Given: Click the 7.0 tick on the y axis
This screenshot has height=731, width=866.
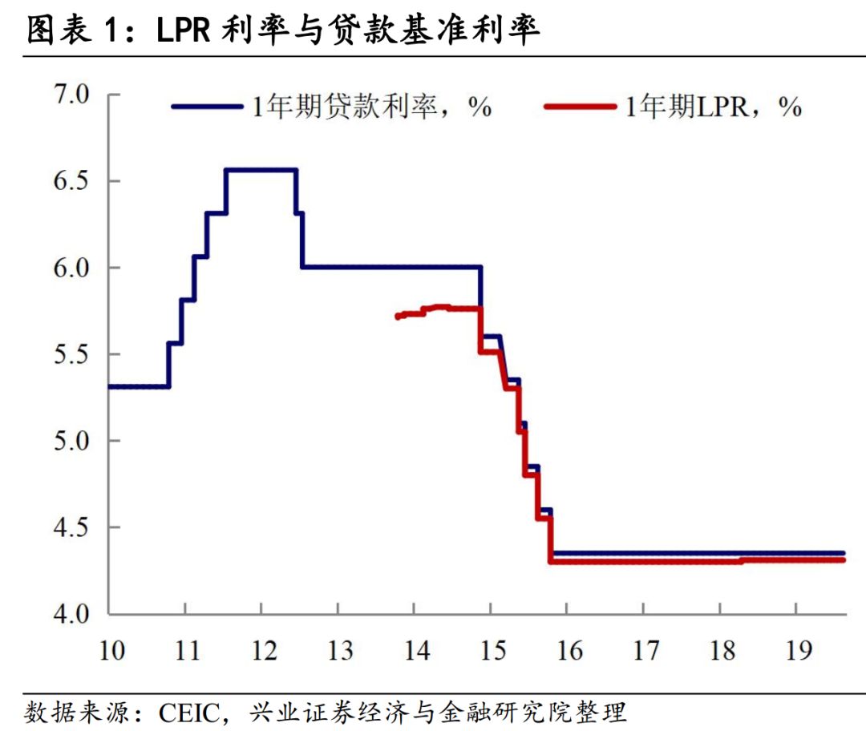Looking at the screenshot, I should pos(74,95).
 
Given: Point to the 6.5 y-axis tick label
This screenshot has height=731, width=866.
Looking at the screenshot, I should pos(74,181).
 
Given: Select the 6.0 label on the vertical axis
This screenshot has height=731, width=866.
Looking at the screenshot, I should pos(74,268).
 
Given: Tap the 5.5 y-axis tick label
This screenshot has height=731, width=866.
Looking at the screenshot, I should pos(74,354).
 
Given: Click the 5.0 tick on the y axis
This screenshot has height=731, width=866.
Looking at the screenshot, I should pos(74,441).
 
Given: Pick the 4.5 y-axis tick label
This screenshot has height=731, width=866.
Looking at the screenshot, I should pos(74,527).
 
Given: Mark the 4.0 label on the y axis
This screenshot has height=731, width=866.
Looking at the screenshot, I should pos(74,614).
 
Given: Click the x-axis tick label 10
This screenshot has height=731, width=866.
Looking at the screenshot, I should pos(111,650).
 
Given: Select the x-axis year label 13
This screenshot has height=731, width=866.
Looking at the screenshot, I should pos(340,650).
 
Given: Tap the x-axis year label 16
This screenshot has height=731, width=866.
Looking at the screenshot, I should pos(569,650).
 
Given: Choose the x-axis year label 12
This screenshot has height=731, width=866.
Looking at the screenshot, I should pos(264,650).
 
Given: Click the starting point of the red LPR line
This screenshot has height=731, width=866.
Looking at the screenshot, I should pos(397,317).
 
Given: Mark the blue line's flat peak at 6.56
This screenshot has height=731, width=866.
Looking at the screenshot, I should pos(261,170).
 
